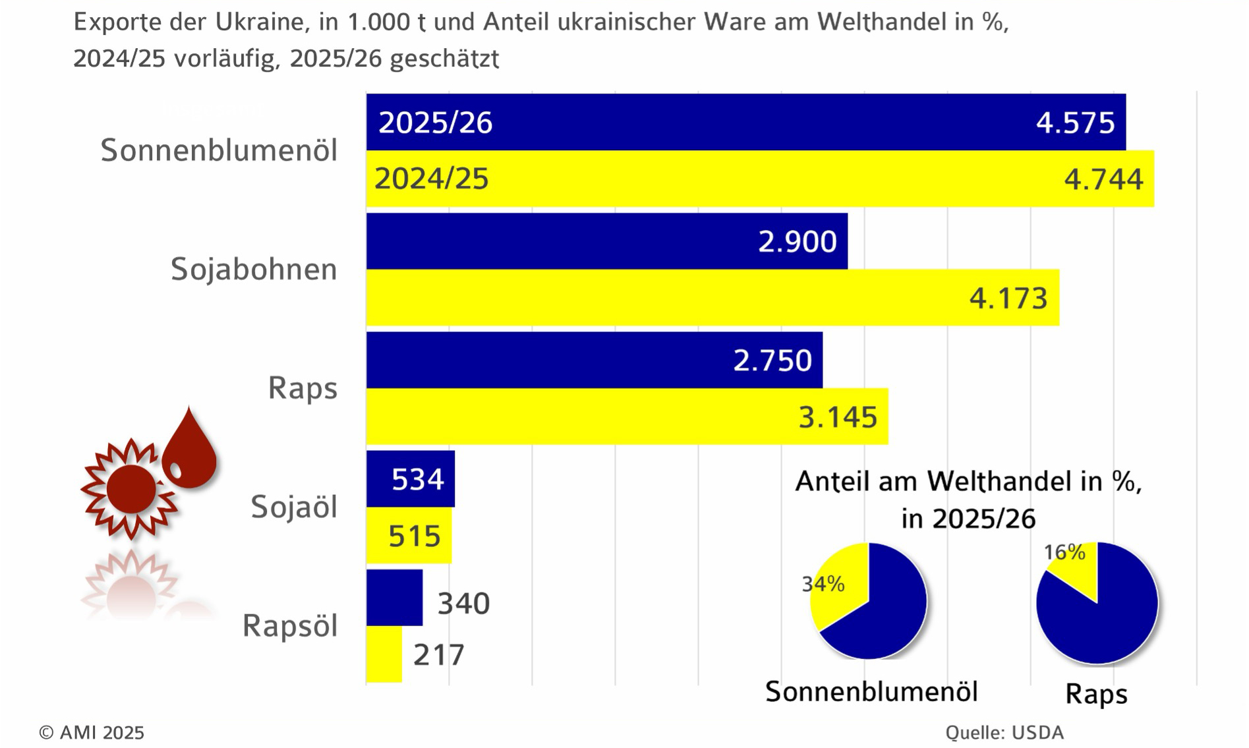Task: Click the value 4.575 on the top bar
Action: pyautogui.click(x=1075, y=123)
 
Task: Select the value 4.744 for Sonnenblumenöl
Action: pyautogui.click(x=1103, y=179)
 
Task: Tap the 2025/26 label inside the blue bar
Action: pyautogui.click(x=435, y=123)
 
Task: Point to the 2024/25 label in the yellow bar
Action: pyautogui.click(x=432, y=179)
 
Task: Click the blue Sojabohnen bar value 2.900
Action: pyautogui.click(x=797, y=242)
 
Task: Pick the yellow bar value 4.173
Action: pyautogui.click(x=1008, y=299)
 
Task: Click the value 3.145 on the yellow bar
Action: pyautogui.click(x=838, y=417)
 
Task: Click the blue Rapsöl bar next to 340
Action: pyautogui.click(x=394, y=598)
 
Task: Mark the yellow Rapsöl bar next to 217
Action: pyautogui.click(x=384, y=654)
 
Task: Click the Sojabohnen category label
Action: pyautogui.click(x=254, y=270)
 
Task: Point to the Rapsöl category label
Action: pyautogui.click(x=290, y=626)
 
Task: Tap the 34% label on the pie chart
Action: pyautogui.click(x=823, y=584)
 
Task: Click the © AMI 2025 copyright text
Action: pyautogui.click(x=92, y=733)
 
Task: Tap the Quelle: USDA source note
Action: pyautogui.click(x=1004, y=733)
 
